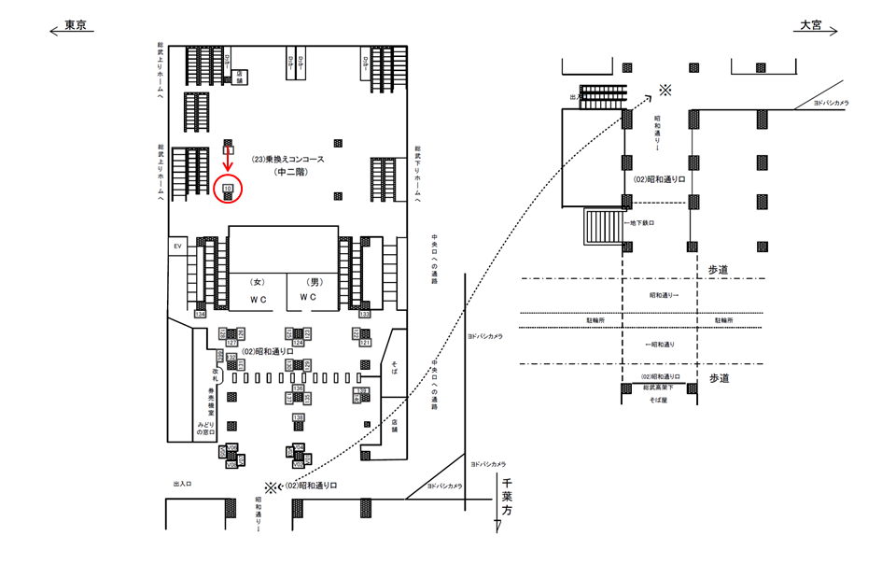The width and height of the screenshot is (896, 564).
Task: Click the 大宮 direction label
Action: tap(809, 26)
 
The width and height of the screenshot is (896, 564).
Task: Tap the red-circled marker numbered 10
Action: tap(228, 189)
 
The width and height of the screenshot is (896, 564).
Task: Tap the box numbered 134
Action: tap(200, 315)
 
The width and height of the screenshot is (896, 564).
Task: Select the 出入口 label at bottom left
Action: tap(182, 485)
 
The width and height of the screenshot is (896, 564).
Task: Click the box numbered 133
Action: tap(365, 315)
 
